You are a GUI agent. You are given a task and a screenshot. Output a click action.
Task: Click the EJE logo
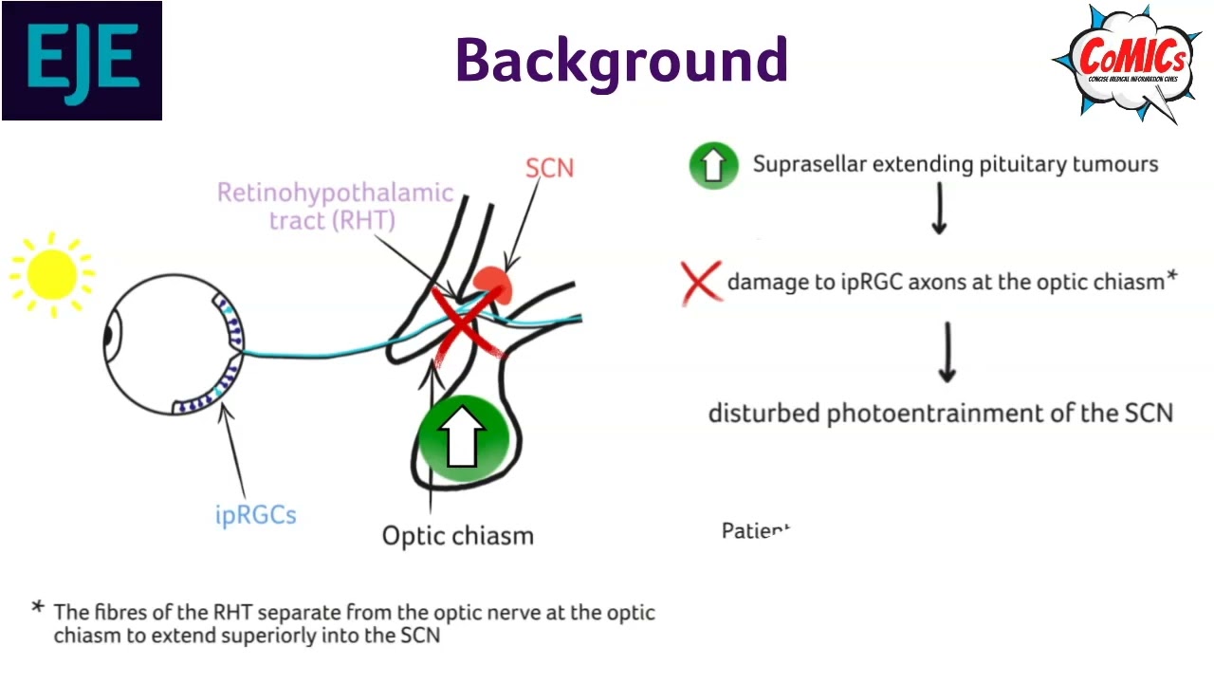coord(82,61)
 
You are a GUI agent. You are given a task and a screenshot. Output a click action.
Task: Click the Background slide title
coord(621,60)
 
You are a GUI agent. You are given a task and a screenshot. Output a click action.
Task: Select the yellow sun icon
coord(52,273)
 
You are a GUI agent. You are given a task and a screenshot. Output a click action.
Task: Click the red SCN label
coord(549,168)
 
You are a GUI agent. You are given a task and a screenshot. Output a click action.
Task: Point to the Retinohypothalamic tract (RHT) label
coord(335,206)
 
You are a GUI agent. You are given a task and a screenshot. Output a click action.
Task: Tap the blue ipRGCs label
coord(255,515)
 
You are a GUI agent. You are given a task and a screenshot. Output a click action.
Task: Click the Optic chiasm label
coord(457,536)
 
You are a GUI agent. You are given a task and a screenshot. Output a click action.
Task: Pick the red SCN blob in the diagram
coord(493,284)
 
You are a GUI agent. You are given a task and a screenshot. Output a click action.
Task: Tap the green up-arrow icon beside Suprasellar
coord(713,165)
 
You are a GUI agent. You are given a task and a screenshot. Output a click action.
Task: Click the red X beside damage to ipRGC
coord(701,283)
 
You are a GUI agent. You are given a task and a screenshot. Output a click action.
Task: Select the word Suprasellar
coord(809,164)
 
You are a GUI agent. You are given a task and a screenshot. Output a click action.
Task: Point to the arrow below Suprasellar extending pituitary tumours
coord(939,209)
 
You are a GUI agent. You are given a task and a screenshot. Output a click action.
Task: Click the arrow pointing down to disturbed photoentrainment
coord(947,352)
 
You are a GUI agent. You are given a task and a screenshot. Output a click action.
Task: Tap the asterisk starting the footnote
coord(38,608)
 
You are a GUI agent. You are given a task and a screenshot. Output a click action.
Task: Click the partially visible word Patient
coord(755,530)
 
